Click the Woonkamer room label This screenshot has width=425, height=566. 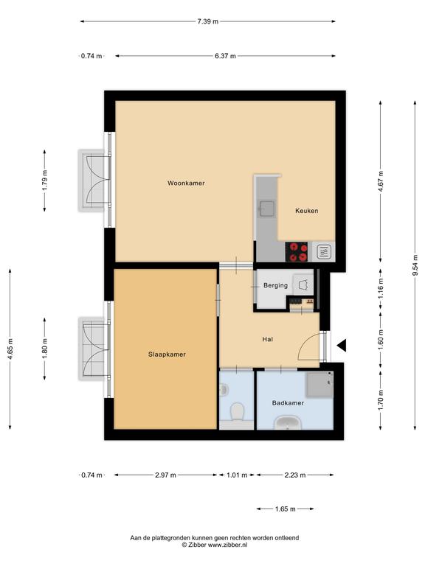coord(186,183)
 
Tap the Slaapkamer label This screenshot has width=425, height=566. coord(167,354)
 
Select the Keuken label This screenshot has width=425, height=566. coord(307,211)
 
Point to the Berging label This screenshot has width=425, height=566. coord(275,285)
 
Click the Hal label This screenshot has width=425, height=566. coord(268,339)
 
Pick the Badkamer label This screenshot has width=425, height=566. coord(288,403)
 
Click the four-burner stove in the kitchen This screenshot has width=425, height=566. coord(297,251)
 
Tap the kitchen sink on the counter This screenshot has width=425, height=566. coord(266,209)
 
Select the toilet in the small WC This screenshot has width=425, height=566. coord(237,411)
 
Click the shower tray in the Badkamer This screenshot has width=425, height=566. coord(319,385)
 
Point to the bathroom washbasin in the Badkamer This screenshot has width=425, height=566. coord(287,422)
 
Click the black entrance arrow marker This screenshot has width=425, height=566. coord(342,346)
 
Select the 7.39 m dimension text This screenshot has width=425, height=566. coord(208,21)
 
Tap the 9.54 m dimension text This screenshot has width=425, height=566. coord(415,265)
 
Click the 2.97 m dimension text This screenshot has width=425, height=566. coord(165,475)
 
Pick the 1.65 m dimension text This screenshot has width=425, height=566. coord(285,509)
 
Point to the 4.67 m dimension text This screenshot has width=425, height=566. coord(381,181)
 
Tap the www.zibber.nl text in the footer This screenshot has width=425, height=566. coord(227,545)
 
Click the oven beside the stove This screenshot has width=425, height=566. coord(324,251)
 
